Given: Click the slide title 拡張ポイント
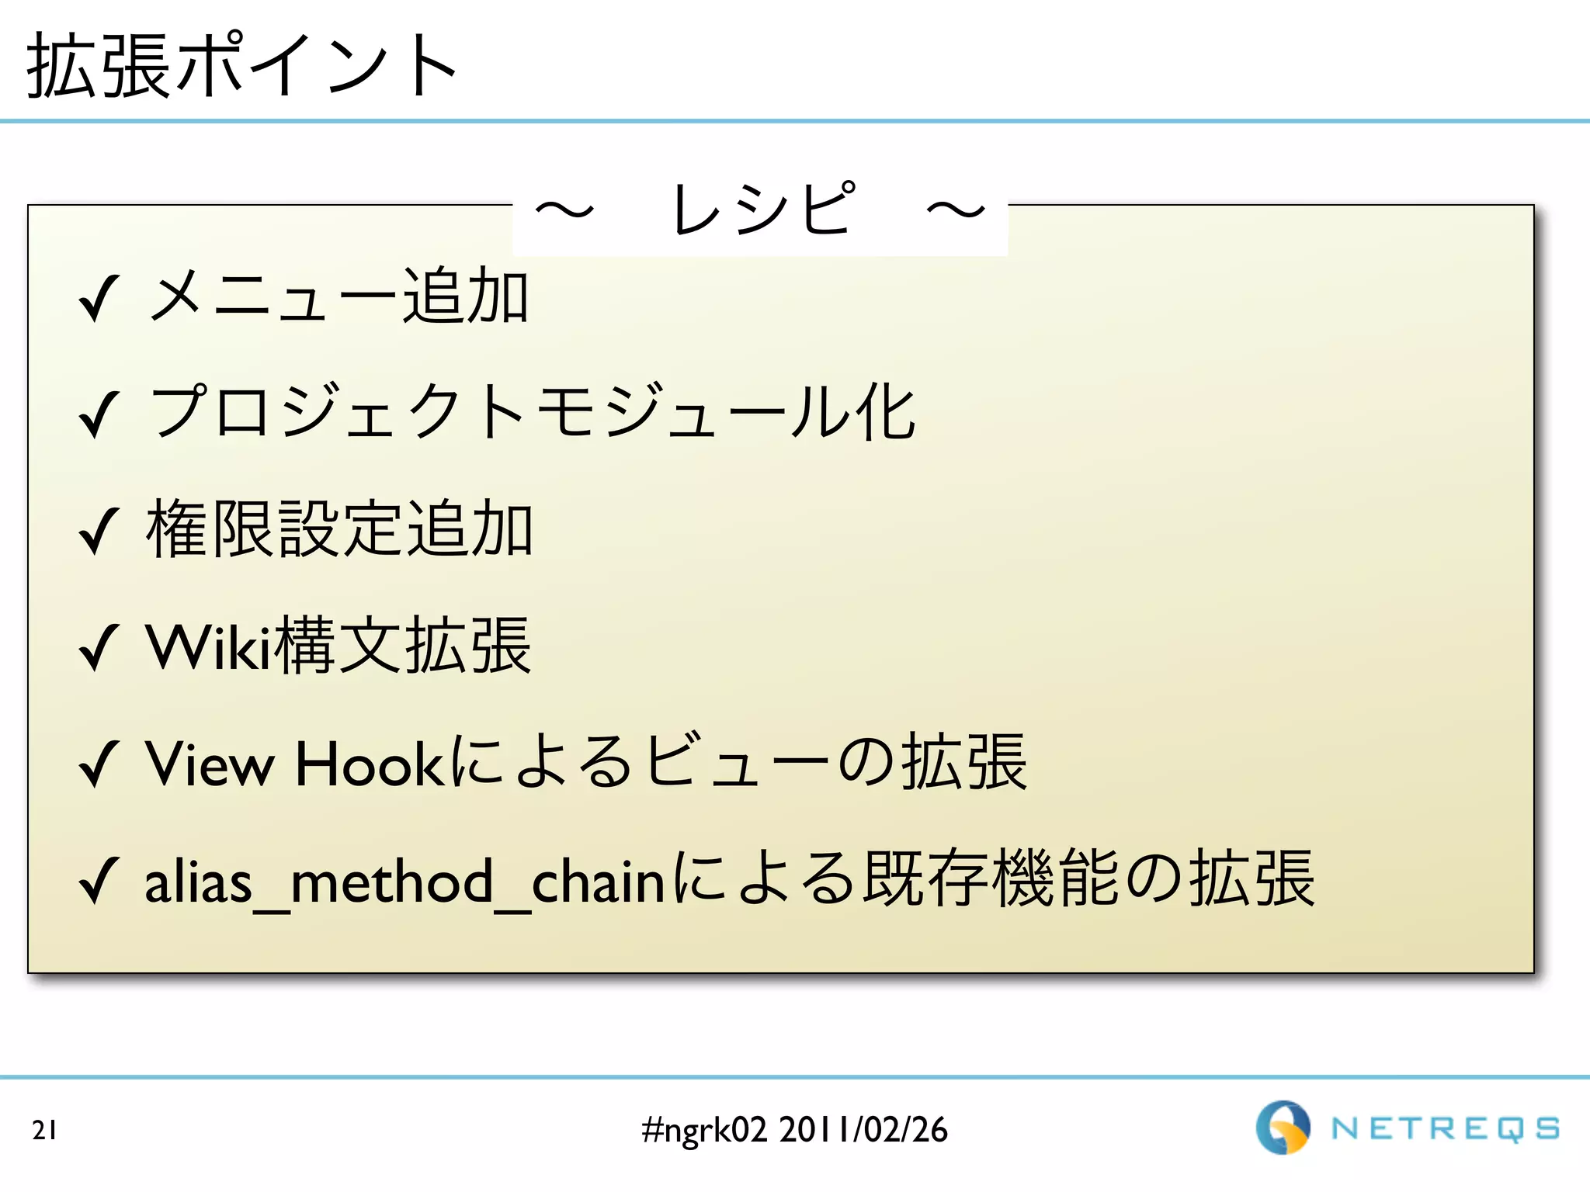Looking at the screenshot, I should (x=241, y=67).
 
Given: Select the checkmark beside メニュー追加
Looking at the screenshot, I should (x=99, y=299).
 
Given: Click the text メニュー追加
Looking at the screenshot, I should (x=338, y=296).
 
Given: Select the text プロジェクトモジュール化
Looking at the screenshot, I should (x=533, y=412).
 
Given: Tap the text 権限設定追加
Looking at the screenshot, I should (x=339, y=528).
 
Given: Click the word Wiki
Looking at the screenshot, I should (x=208, y=646).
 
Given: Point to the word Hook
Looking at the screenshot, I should (x=369, y=764).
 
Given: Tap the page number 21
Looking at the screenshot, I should (x=44, y=1130).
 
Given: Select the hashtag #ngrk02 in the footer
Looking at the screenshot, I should (x=704, y=1130).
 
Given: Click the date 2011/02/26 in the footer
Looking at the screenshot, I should (x=863, y=1130).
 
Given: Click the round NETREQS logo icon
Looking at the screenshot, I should (x=1283, y=1128).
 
